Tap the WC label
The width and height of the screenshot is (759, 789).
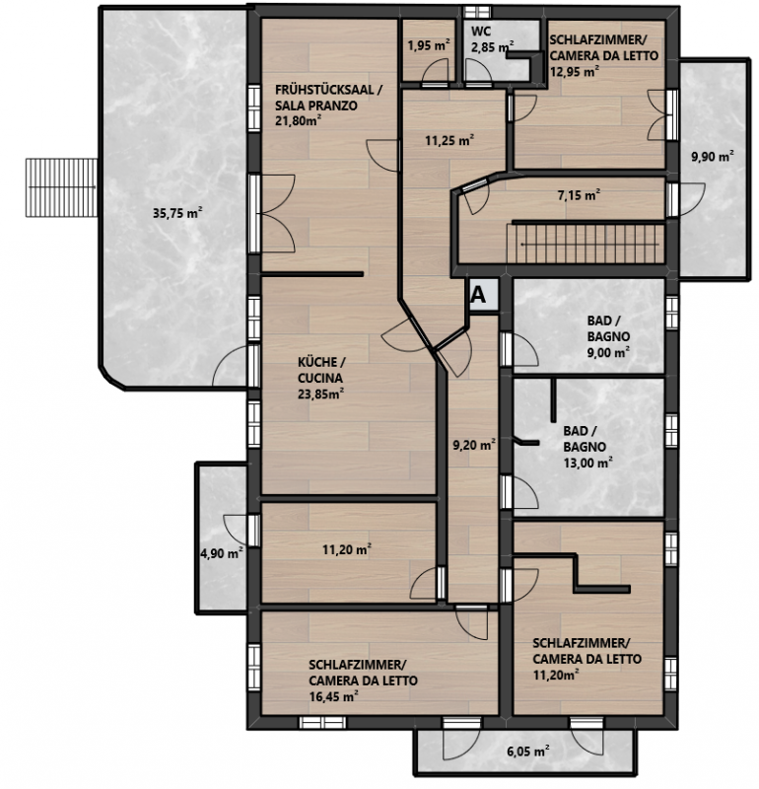coord(480,32)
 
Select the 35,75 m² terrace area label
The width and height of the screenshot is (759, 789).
coord(177,213)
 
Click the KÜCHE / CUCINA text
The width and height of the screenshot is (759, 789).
coord(321,370)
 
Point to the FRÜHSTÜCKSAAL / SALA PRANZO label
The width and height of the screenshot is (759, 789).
coord(328,98)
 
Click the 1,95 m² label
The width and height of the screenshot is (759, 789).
coord(429,45)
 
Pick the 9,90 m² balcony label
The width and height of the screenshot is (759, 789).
coord(713,156)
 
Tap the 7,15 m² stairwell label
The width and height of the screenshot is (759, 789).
coord(580,194)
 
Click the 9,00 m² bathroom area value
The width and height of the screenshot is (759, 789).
coord(608,352)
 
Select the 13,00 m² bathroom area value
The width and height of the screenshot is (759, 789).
coord(587,463)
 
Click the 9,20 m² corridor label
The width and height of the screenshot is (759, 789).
coord(474,445)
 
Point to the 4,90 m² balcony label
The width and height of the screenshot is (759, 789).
coord(222,553)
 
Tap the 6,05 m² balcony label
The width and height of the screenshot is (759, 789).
coord(527,752)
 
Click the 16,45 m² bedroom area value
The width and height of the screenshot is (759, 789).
coord(333,696)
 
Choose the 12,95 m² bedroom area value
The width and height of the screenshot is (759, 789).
coord(574,71)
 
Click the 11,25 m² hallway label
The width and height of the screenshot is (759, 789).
coord(449,140)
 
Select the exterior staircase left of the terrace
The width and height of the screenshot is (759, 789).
coord(61,187)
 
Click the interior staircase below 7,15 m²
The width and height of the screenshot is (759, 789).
coord(586,244)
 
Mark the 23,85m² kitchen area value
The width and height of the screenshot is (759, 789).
coord(320,394)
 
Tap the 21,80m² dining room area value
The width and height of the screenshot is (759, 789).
coord(299,120)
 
